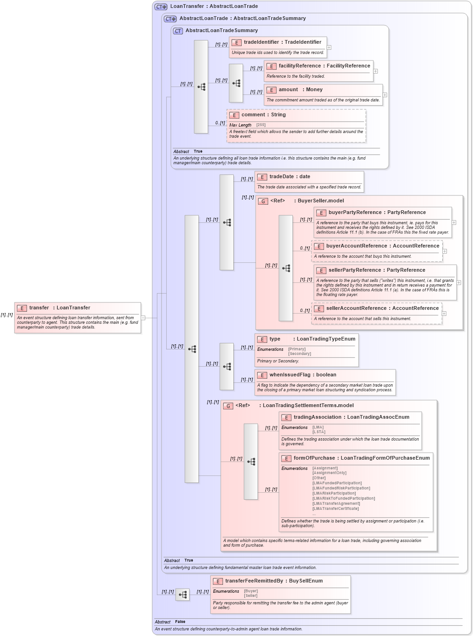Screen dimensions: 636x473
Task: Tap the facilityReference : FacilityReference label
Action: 324,66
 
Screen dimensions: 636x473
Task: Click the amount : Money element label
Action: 300,90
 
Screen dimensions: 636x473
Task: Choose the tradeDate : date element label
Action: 290,177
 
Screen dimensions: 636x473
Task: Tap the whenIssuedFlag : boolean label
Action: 303,375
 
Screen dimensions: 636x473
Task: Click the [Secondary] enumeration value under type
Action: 299,354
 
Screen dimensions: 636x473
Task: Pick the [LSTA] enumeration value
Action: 318,432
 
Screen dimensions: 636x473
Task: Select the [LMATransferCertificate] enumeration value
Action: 335,509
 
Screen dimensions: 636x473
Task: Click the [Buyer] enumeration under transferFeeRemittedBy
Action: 251,591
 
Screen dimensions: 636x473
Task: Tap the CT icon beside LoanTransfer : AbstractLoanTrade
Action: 161,7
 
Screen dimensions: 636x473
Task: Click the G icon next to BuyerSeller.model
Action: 264,201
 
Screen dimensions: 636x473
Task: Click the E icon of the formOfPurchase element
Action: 287,459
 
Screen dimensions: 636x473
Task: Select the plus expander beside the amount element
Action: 385,95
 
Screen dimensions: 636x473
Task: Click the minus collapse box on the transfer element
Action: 143,318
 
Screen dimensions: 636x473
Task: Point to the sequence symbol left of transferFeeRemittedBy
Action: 182,595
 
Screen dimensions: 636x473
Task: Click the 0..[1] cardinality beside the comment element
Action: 220,123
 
